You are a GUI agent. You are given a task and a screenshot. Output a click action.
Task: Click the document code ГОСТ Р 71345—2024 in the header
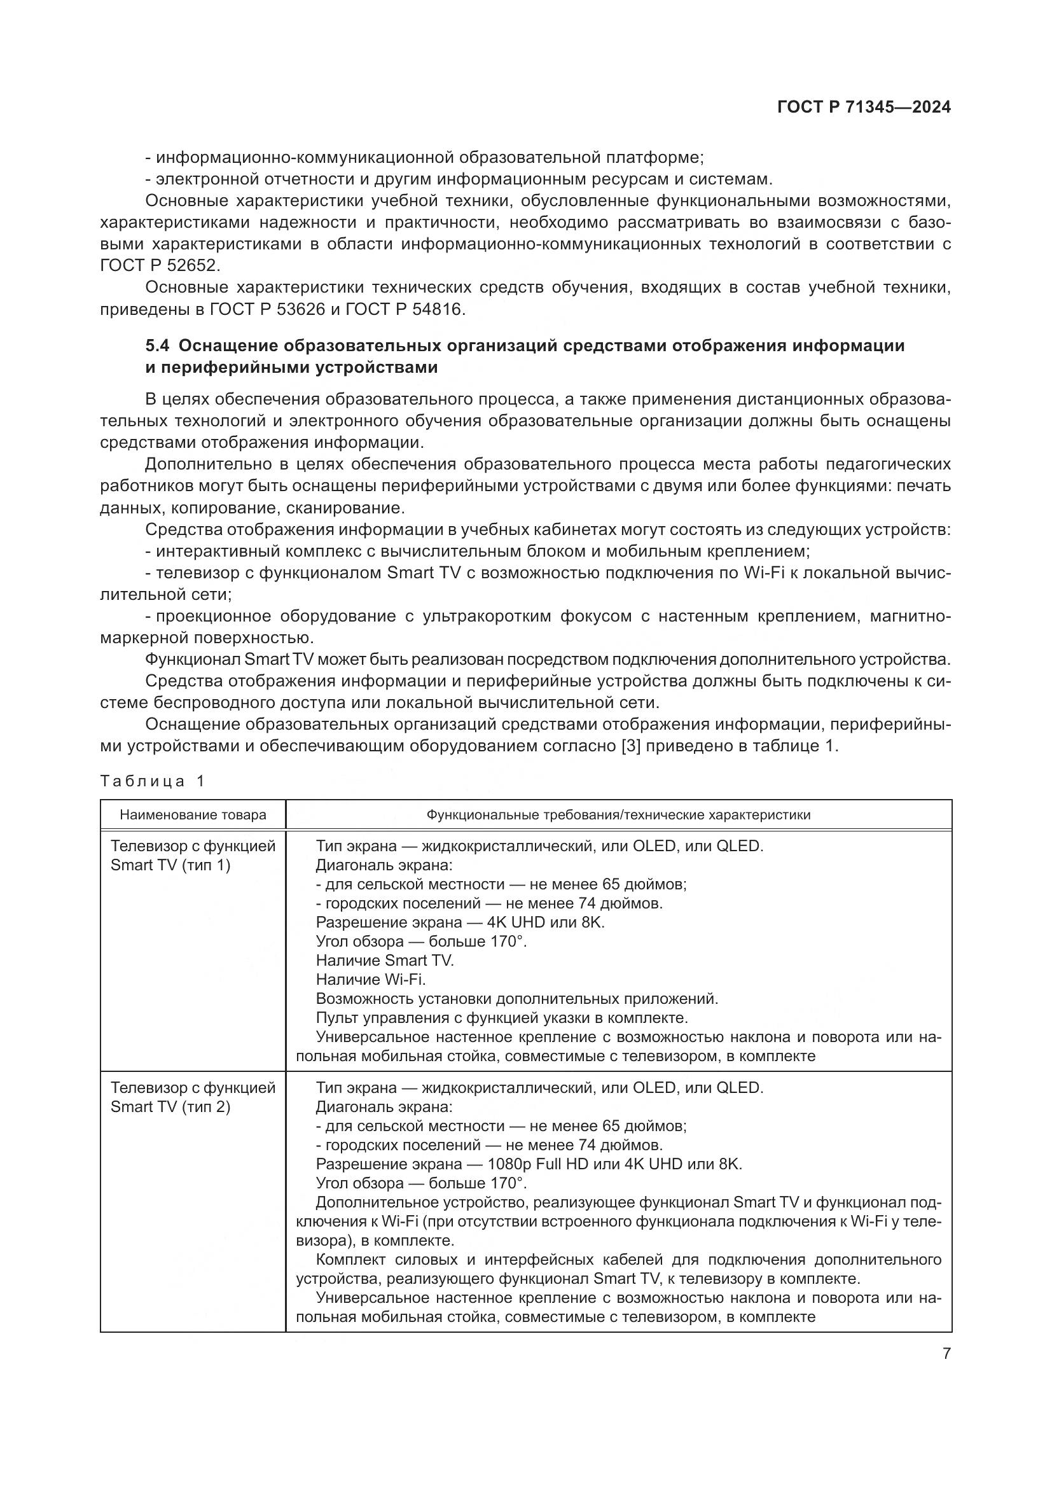pyautogui.click(x=864, y=108)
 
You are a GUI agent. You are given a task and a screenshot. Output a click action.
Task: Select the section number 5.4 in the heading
pyautogui.click(x=159, y=345)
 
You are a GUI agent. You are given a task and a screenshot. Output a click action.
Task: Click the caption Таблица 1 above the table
pyautogui.click(x=152, y=781)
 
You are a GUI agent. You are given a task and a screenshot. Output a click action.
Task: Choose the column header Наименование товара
pyautogui.click(x=193, y=816)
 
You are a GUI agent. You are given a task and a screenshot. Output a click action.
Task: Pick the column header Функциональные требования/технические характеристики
pyautogui.click(x=618, y=816)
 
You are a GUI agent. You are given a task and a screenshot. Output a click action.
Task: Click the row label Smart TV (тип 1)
pyautogui.click(x=170, y=865)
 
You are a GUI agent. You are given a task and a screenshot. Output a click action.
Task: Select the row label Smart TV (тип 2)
pyautogui.click(x=170, y=1106)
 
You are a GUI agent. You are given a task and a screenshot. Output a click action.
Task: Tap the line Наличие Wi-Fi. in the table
pyautogui.click(x=371, y=979)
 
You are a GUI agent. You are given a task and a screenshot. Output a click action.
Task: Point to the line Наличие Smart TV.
pyautogui.click(x=385, y=961)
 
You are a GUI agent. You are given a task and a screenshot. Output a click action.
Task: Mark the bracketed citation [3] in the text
pyautogui.click(x=631, y=746)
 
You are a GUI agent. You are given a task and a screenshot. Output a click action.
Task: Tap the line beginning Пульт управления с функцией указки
pyautogui.click(x=501, y=1017)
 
